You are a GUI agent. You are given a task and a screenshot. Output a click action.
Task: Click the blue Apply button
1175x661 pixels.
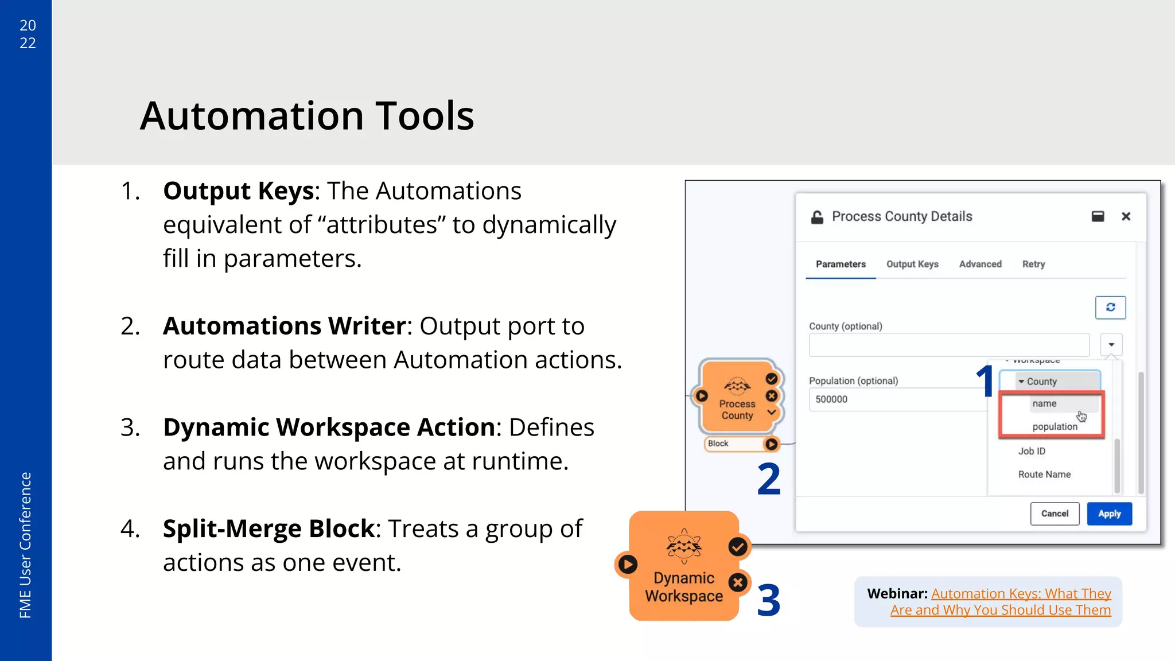(x=1109, y=514)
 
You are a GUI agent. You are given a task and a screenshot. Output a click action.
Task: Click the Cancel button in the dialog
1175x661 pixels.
(x=1055, y=514)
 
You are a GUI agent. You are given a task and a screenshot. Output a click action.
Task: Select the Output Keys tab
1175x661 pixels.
(x=912, y=264)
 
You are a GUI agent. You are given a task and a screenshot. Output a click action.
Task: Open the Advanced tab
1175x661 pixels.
(x=980, y=264)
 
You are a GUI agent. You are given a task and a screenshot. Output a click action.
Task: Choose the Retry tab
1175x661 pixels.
(x=1033, y=264)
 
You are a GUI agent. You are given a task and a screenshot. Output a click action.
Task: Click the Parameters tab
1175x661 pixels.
(x=841, y=264)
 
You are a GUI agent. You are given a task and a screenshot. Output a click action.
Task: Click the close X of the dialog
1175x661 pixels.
(x=1126, y=216)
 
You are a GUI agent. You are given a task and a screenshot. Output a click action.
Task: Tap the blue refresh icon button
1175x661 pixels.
(x=1110, y=308)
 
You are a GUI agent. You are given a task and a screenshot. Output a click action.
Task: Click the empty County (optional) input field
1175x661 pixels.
(x=948, y=345)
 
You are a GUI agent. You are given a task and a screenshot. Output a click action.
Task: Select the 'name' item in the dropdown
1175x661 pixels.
(x=1044, y=403)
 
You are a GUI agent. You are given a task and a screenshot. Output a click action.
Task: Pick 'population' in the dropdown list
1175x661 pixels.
(x=1055, y=426)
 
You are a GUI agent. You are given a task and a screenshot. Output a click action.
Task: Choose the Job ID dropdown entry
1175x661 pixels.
(x=1032, y=451)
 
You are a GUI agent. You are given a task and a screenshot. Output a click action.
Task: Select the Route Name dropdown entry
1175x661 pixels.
(x=1044, y=475)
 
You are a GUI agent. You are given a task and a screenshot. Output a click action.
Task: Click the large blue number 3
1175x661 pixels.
(x=769, y=601)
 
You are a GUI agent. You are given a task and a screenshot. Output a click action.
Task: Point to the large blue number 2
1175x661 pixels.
(x=769, y=479)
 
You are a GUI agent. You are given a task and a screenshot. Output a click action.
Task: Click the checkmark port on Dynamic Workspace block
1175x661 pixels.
(x=738, y=547)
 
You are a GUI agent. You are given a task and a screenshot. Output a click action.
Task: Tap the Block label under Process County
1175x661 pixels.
(x=718, y=444)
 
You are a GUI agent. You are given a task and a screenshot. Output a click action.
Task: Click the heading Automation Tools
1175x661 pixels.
(x=307, y=116)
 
